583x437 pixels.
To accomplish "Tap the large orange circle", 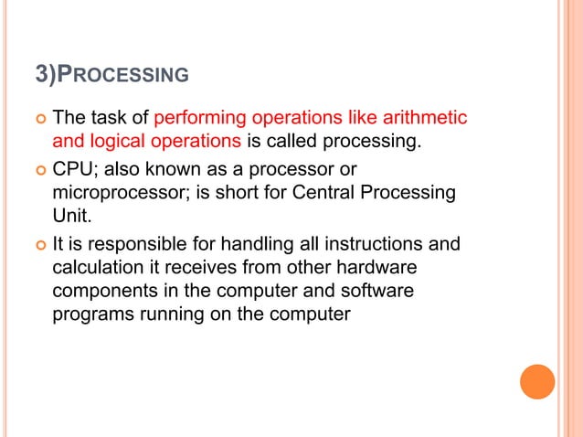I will (537, 381).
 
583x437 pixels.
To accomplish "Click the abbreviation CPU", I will (74, 170).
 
